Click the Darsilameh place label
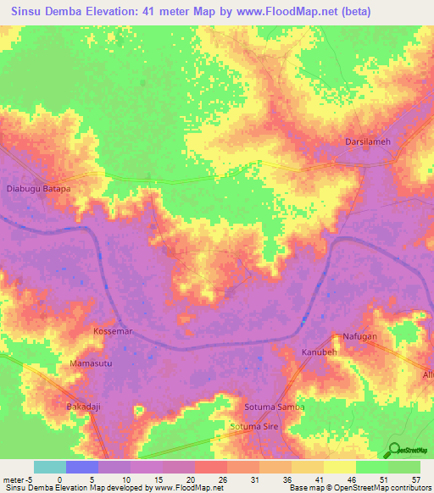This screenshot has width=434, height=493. [x=368, y=142]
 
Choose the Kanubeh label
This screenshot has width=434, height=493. [x=320, y=351]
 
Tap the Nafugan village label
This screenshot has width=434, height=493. [x=360, y=336]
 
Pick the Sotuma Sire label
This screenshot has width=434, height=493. [x=259, y=429]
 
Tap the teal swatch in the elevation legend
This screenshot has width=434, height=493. [x=50, y=467]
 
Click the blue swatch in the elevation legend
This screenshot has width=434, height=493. [x=82, y=467]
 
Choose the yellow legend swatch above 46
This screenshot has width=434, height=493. [x=340, y=467]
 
